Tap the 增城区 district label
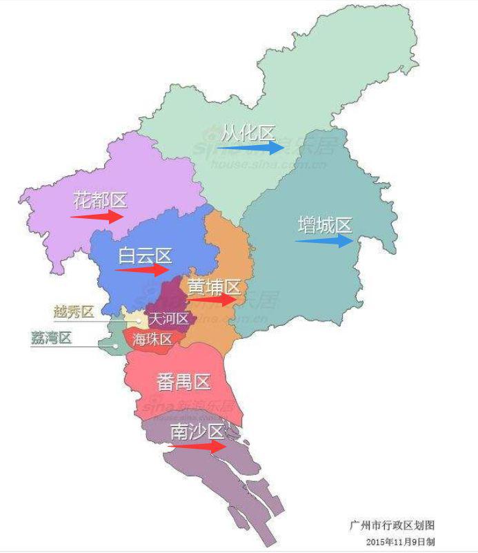point(324,225)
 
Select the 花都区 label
point(100,201)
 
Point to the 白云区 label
point(145,255)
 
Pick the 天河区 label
point(170,319)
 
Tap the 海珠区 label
point(153,339)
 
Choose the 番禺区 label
point(183,381)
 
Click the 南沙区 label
point(197,432)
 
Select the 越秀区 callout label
point(73,312)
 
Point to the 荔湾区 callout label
point(52,338)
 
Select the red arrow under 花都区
point(97,215)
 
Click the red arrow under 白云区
point(142,270)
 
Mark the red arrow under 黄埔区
point(212,300)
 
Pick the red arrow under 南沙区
point(197,447)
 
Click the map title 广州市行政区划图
point(392,526)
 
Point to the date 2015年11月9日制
point(401,541)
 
